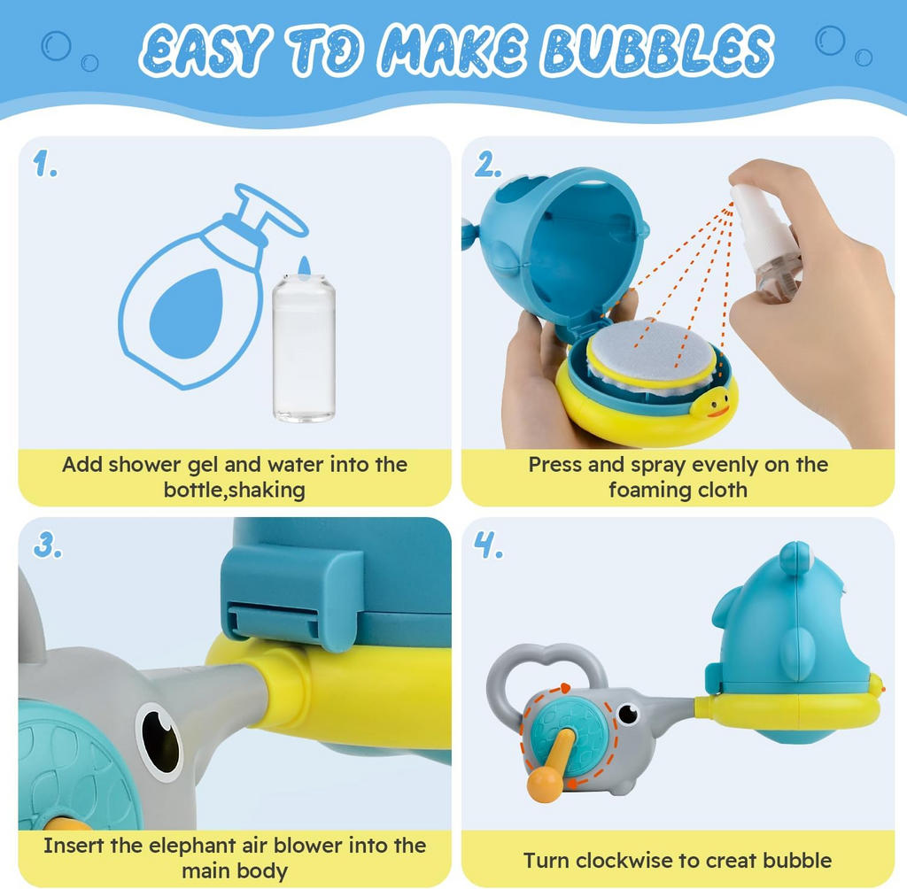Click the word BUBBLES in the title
(x=658, y=50)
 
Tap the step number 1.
(x=44, y=164)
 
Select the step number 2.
(x=488, y=165)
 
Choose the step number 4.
(x=488, y=545)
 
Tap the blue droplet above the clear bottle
(x=305, y=266)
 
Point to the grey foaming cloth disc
(x=653, y=352)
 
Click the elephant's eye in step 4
(x=628, y=714)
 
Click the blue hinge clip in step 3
(x=291, y=600)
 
